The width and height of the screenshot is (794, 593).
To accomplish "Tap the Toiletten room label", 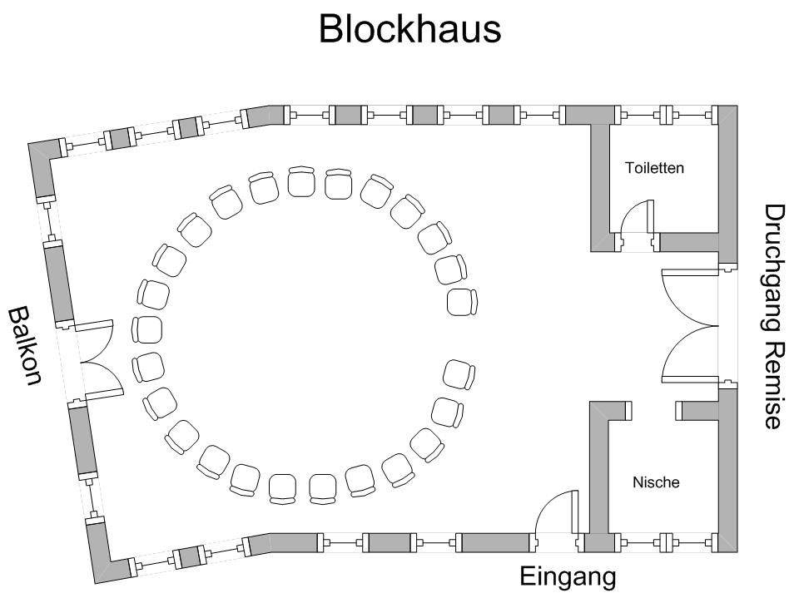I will coord(654,168).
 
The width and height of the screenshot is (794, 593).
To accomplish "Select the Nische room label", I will coord(656,482).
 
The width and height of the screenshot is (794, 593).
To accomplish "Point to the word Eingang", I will coord(568,576).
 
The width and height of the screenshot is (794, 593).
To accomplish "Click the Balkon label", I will coord(25,346).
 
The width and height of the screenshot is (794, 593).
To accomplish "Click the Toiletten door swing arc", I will coord(638,218).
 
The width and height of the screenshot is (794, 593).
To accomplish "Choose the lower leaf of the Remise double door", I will coord(687,353).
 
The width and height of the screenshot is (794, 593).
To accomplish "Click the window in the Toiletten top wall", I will coord(665,115).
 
